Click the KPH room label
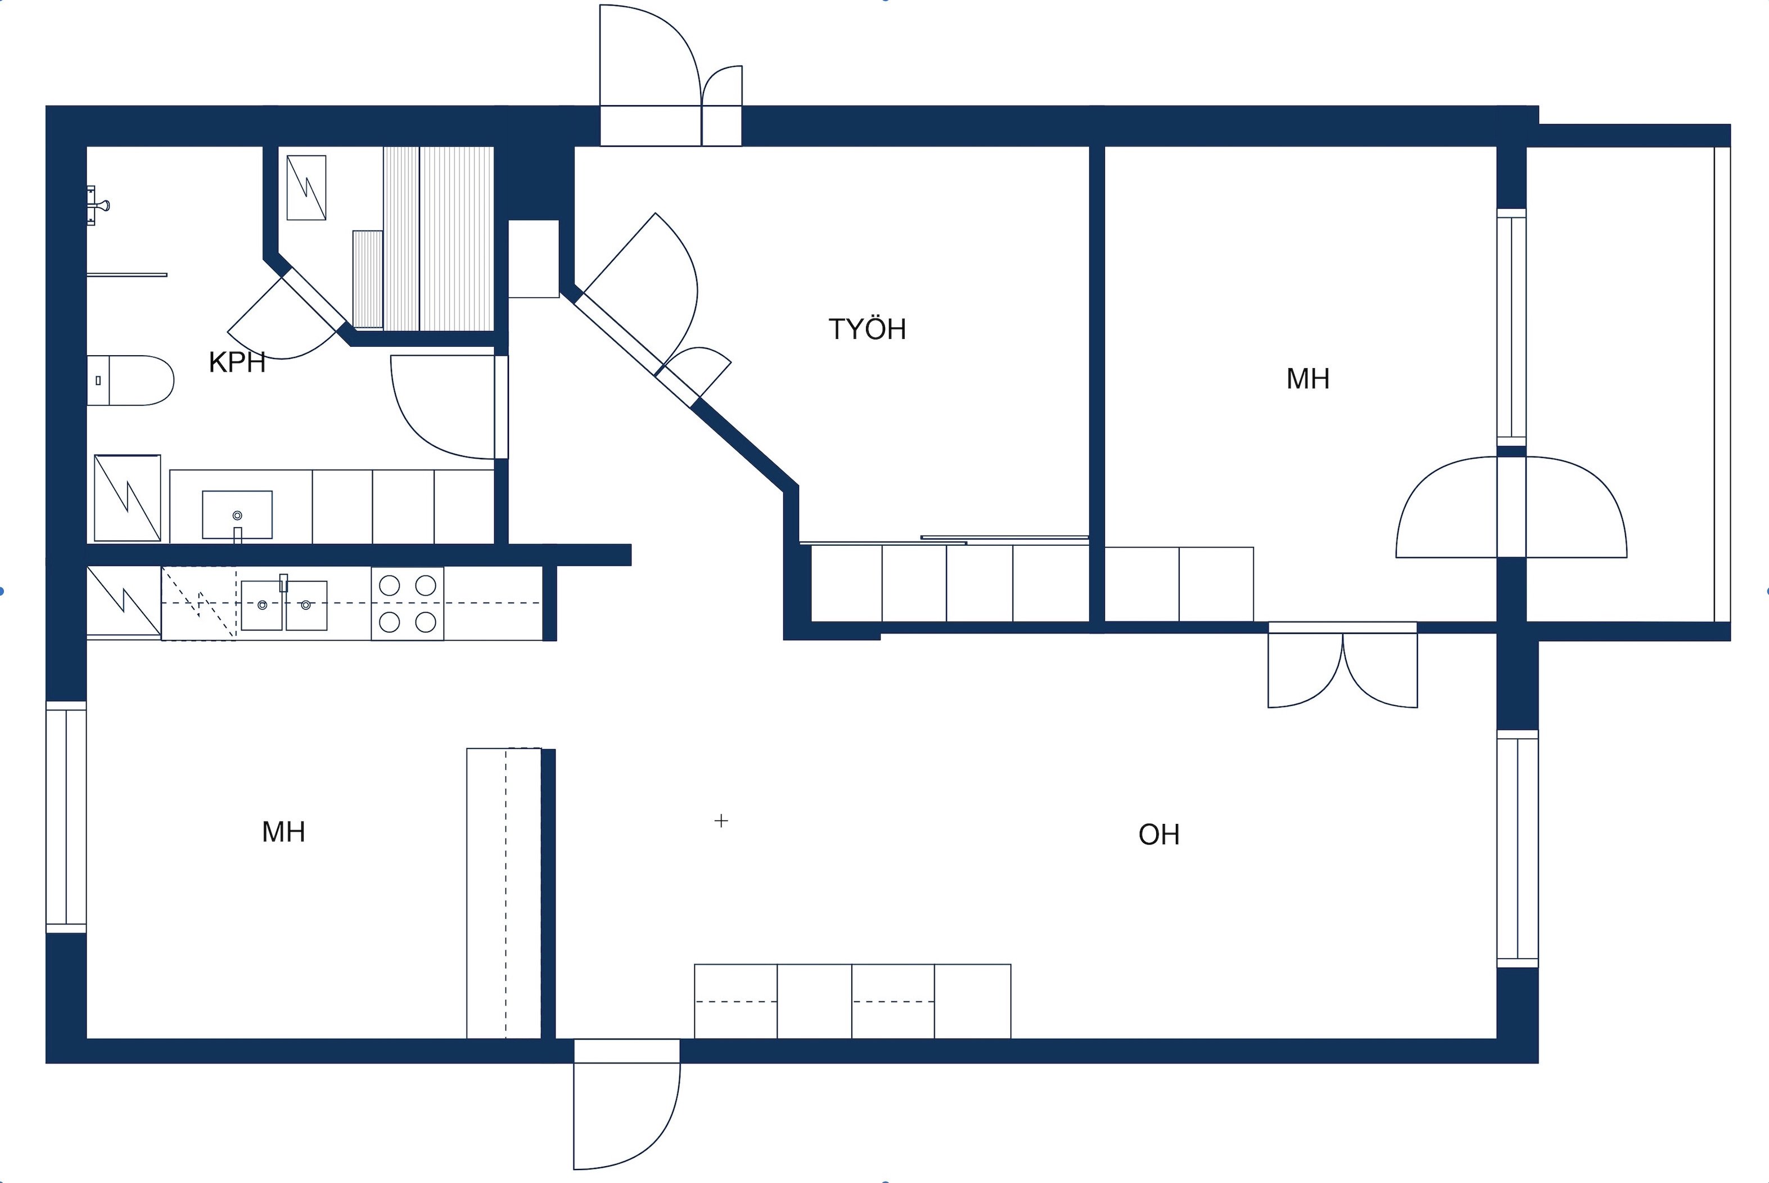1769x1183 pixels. (x=237, y=363)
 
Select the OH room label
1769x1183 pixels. (x=1158, y=835)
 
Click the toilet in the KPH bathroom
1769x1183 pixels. (x=130, y=380)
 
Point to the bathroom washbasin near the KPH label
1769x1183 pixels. (x=237, y=515)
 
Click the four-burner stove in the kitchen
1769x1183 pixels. (x=408, y=604)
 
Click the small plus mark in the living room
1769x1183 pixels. (x=721, y=821)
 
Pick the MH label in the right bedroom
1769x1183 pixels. (x=1308, y=379)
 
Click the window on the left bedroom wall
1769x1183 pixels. (x=66, y=817)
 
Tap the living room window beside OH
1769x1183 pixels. (x=1518, y=849)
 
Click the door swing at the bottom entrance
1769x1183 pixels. (x=626, y=1105)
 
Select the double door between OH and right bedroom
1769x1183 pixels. (x=1343, y=665)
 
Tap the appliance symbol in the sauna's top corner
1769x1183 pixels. (x=306, y=188)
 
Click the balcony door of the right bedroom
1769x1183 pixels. (x=1511, y=507)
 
